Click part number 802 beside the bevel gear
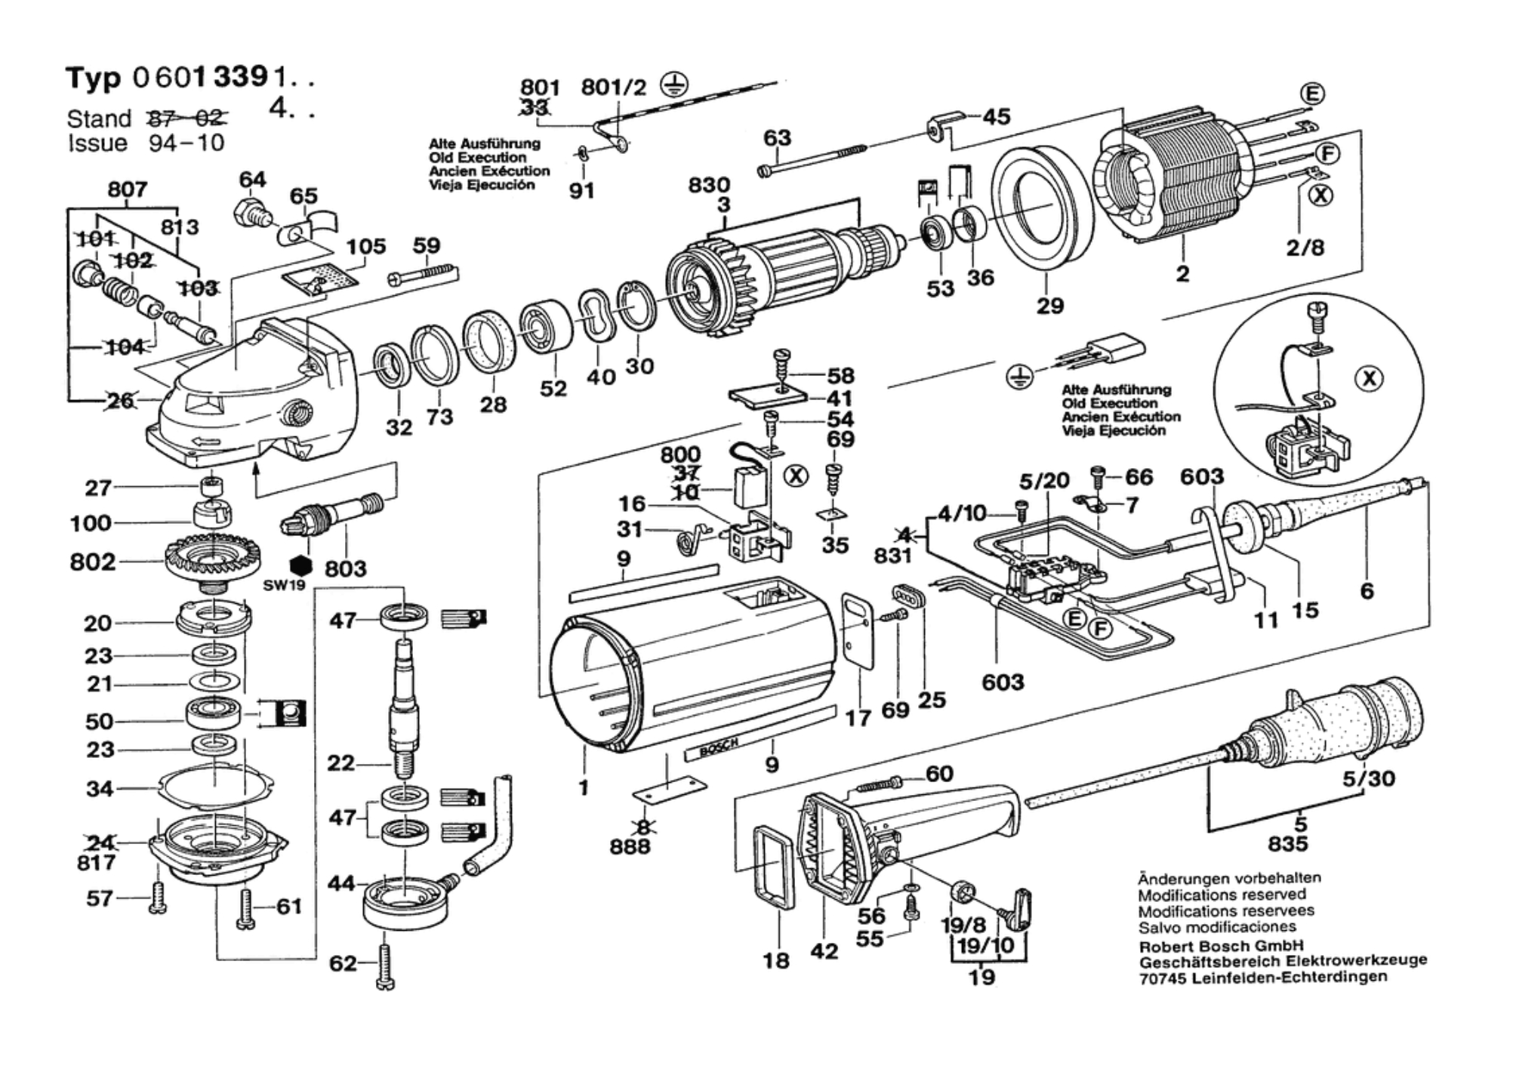pyautogui.click(x=92, y=562)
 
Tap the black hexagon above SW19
pyautogui.click(x=300, y=565)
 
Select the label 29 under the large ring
pyautogui.click(x=1049, y=306)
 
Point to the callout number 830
pyautogui.click(x=709, y=185)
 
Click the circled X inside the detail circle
pyautogui.click(x=1369, y=377)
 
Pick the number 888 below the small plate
pyautogui.click(x=630, y=846)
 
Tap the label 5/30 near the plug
pyautogui.click(x=1368, y=778)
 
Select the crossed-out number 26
pyautogui.click(x=121, y=401)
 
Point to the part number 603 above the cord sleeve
pyautogui.click(x=1201, y=476)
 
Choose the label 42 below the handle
pyautogui.click(x=824, y=951)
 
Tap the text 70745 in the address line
pyautogui.click(x=1163, y=978)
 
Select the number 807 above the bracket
pyautogui.click(x=127, y=189)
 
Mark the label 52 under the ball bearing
pyautogui.click(x=553, y=388)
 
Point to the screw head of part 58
pyautogui.click(x=782, y=355)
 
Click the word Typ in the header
pyautogui.click(x=92, y=78)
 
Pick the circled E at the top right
pyautogui.click(x=1313, y=94)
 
